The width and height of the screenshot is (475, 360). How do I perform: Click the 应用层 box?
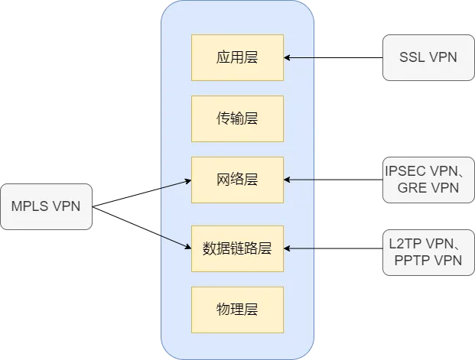coord(237,57)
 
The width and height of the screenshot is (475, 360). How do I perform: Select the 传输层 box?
coord(237,118)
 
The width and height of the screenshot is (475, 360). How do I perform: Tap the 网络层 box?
coord(237,180)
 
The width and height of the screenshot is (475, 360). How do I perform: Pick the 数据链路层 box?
coord(237,248)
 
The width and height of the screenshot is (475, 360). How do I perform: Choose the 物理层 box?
coord(237,310)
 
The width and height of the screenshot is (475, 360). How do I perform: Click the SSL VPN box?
coord(428,57)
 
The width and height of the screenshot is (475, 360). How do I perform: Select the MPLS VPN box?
coord(46,206)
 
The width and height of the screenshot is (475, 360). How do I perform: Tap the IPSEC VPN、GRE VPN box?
coord(428,180)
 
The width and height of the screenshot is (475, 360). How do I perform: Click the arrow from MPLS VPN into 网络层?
coord(176,184)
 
